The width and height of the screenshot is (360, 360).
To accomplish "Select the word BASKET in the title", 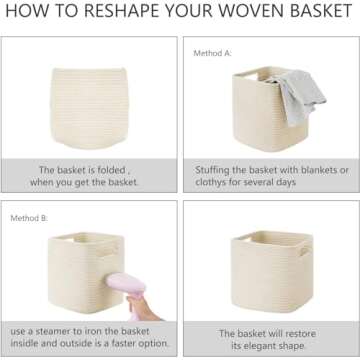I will [318, 13].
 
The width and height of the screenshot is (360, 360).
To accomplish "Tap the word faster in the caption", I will [117, 344].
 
